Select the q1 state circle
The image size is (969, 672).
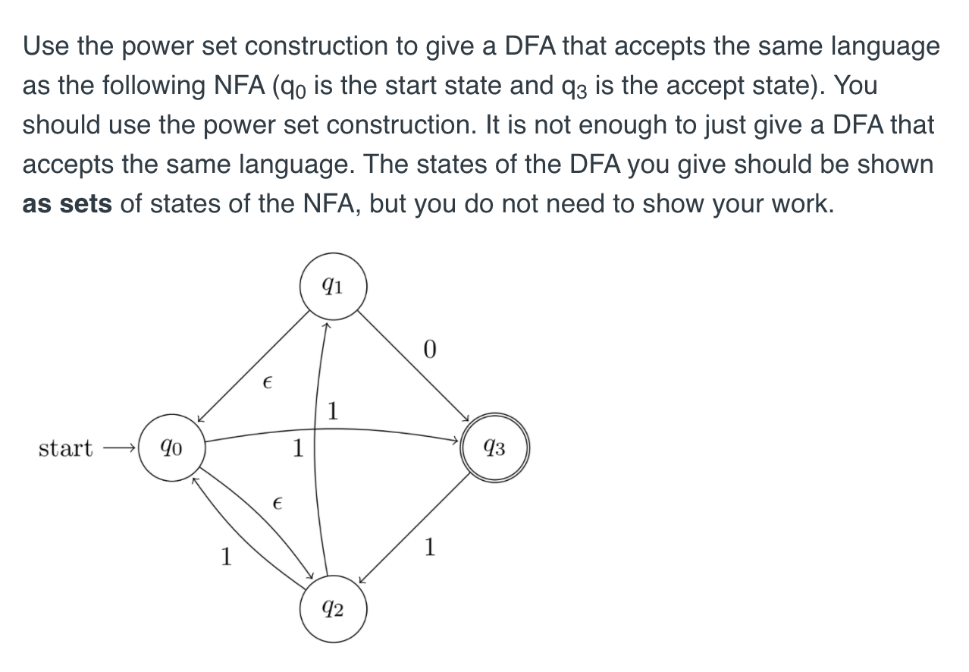coord(333,287)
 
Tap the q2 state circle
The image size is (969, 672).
coord(333,609)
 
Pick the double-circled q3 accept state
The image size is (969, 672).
coord(494,449)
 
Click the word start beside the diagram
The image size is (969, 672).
coord(65,448)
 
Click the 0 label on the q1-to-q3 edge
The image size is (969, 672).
coord(430,350)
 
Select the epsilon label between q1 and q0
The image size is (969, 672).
coord(266,384)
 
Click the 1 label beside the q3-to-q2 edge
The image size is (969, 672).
coord(430,546)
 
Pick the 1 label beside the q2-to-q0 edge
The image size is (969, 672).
coord(224,557)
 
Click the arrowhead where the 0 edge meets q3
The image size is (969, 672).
coord(467,417)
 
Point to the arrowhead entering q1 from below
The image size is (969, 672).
coord(327,326)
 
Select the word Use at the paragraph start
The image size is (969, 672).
coord(46,46)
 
